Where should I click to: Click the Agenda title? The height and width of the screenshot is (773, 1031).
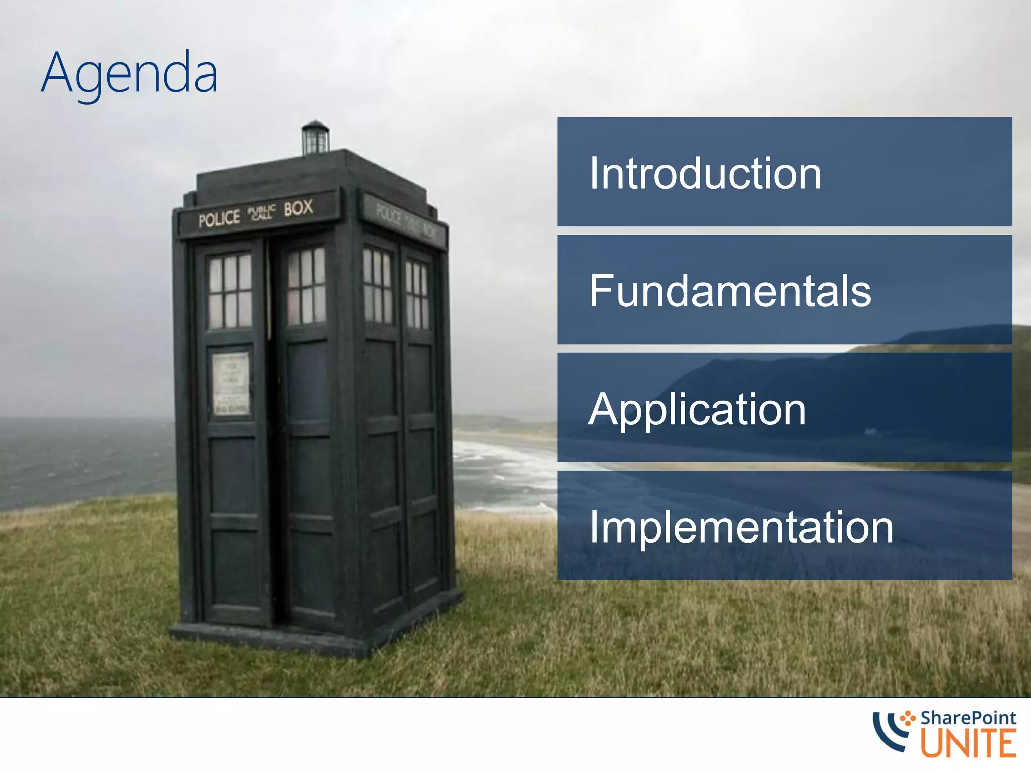point(129,74)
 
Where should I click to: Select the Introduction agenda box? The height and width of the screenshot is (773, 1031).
point(784,172)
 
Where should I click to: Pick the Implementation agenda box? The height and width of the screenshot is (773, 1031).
point(784,525)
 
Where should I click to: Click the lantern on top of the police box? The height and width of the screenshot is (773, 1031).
point(315,138)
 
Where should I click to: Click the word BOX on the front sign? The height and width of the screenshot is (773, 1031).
point(298,208)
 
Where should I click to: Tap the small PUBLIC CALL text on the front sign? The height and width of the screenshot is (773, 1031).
point(262,213)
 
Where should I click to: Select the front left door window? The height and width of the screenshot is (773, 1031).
point(230,291)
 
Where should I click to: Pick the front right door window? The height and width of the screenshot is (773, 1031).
point(306,285)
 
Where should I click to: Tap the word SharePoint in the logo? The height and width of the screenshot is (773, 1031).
point(968,718)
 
